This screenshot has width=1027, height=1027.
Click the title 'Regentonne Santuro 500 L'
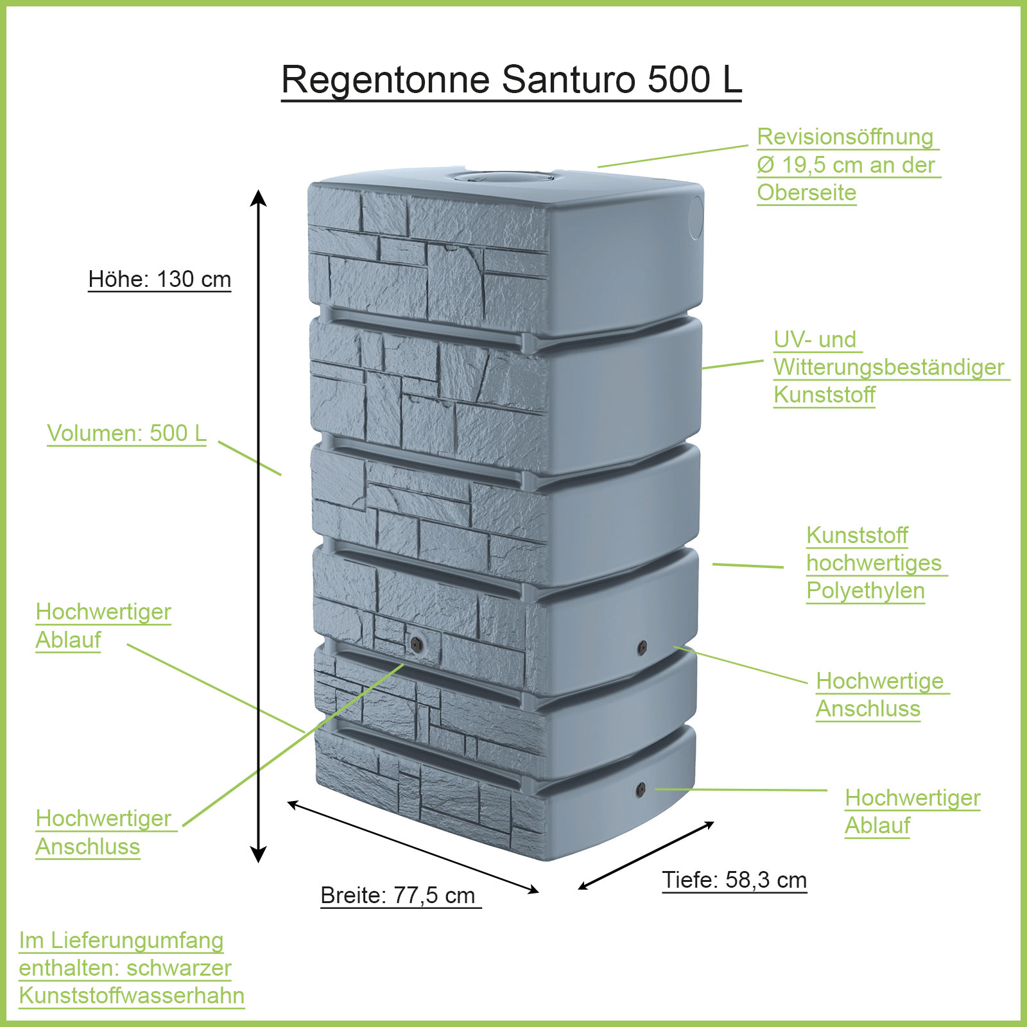pos(511,80)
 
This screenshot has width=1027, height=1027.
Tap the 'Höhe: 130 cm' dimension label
pos(159,279)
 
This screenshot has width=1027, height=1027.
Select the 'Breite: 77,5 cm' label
pos(398,895)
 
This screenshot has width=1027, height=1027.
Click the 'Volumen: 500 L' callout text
pos(126,433)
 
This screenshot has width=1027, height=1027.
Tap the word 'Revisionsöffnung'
pos(845,137)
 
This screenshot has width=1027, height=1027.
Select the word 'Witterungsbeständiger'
pos(888,367)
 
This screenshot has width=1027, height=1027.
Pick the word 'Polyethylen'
pos(865,591)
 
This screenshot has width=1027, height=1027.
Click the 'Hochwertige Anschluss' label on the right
pos(879,695)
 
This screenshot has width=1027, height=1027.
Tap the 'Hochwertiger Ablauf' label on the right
pos(912,811)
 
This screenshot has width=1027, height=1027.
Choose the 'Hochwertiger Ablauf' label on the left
pos(103,626)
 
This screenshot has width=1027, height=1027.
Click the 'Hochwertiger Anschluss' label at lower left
pos(103,833)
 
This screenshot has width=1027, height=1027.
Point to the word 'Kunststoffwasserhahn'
pos(132,996)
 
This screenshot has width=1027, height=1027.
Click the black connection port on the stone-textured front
pos(416,643)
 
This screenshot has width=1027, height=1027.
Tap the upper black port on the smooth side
pos(642,647)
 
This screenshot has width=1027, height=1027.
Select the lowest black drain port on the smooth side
pos(641,790)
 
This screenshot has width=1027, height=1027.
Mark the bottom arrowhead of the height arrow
pos(258,855)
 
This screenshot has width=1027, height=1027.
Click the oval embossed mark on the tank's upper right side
pos(696,218)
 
